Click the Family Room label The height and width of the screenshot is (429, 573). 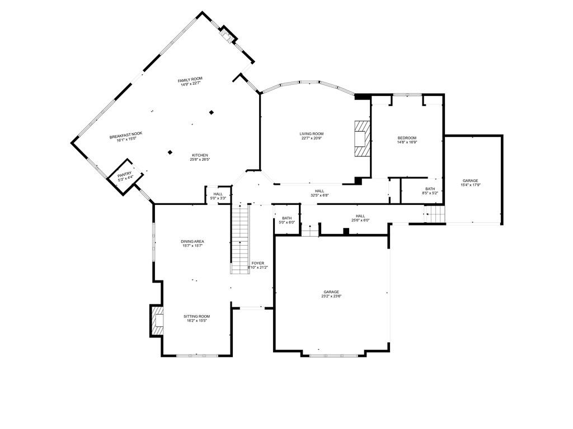[190, 80]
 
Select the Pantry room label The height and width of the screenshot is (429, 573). [125, 174]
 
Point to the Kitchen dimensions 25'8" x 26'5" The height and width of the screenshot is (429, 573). [200, 160]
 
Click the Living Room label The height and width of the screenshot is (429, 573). [312, 134]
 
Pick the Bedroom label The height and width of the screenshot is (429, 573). [407, 138]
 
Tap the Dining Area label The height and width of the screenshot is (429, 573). [192, 241]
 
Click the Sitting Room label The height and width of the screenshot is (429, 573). [196, 316]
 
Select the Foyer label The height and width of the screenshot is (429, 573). [257, 263]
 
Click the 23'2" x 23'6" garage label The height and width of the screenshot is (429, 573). [331, 292]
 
